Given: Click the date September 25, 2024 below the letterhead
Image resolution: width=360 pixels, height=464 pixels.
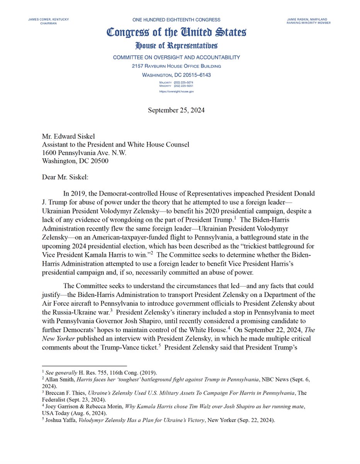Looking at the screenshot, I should coord(176,110).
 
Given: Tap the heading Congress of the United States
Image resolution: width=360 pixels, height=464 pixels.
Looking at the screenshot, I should coord(176,32).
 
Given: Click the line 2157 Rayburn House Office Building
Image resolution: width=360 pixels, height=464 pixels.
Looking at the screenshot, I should coord(176,66).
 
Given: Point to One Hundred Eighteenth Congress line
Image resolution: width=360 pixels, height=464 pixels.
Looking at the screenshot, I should coord(176,19).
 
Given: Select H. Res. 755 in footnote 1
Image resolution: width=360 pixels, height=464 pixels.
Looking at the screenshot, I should coord(89,373).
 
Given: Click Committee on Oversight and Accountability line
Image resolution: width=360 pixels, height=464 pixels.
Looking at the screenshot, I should coord(176,57).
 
